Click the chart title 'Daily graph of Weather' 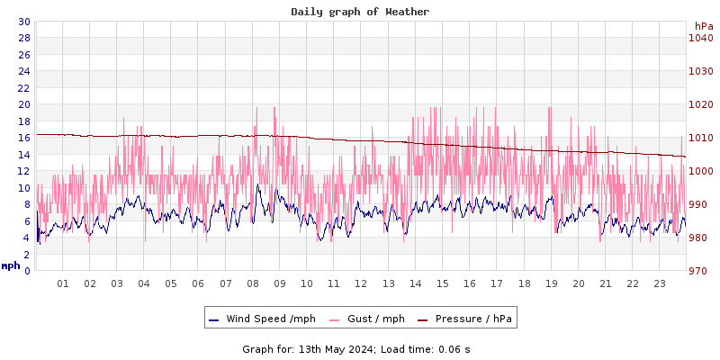tap(360, 12)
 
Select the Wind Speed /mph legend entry tap(264, 319)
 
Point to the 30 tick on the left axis tap(23, 22)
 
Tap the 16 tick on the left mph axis tap(23, 138)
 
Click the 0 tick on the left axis tap(27, 271)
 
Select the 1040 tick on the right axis tap(701, 38)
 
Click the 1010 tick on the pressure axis tap(701, 138)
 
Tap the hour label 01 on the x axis tap(63, 283)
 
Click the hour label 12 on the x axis tap(361, 283)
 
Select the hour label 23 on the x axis tap(660, 283)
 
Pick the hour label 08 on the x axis tap(253, 283)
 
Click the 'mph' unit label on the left tap(11, 265)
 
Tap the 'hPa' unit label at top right tap(704, 26)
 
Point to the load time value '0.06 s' tap(454, 349)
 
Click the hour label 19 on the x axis tap(551, 283)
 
